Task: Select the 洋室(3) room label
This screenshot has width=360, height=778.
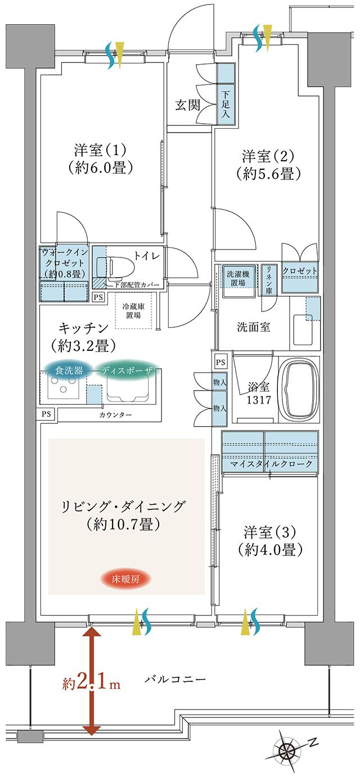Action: pos(269,532)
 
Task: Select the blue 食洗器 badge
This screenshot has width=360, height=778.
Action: pos(69,370)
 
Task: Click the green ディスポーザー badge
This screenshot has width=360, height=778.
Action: pos(127,370)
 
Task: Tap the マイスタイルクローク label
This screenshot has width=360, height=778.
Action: pos(270,464)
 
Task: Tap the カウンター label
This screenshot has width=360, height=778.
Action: pos(116,414)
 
